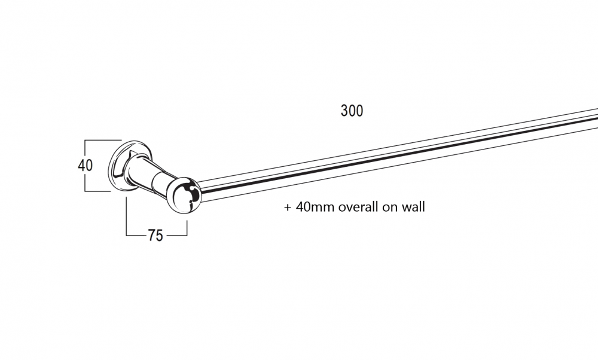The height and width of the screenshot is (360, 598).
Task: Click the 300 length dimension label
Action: click(x=352, y=111)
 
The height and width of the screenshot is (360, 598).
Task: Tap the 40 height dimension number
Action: click(x=85, y=166)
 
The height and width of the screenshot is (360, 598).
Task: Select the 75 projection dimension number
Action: click(x=155, y=235)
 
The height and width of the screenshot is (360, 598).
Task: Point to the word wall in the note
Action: click(x=413, y=207)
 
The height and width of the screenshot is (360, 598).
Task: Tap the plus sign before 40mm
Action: click(x=288, y=208)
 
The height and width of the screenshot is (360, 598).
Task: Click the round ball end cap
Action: click(x=184, y=195)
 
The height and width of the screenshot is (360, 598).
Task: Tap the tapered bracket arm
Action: click(x=149, y=173)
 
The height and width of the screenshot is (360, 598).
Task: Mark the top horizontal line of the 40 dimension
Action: click(x=103, y=141)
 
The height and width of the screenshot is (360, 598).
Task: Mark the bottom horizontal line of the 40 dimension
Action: click(x=97, y=191)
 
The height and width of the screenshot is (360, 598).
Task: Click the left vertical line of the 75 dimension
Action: click(x=126, y=216)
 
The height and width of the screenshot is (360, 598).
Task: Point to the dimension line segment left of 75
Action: click(x=136, y=235)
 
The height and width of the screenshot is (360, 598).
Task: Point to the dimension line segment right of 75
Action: click(x=176, y=235)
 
